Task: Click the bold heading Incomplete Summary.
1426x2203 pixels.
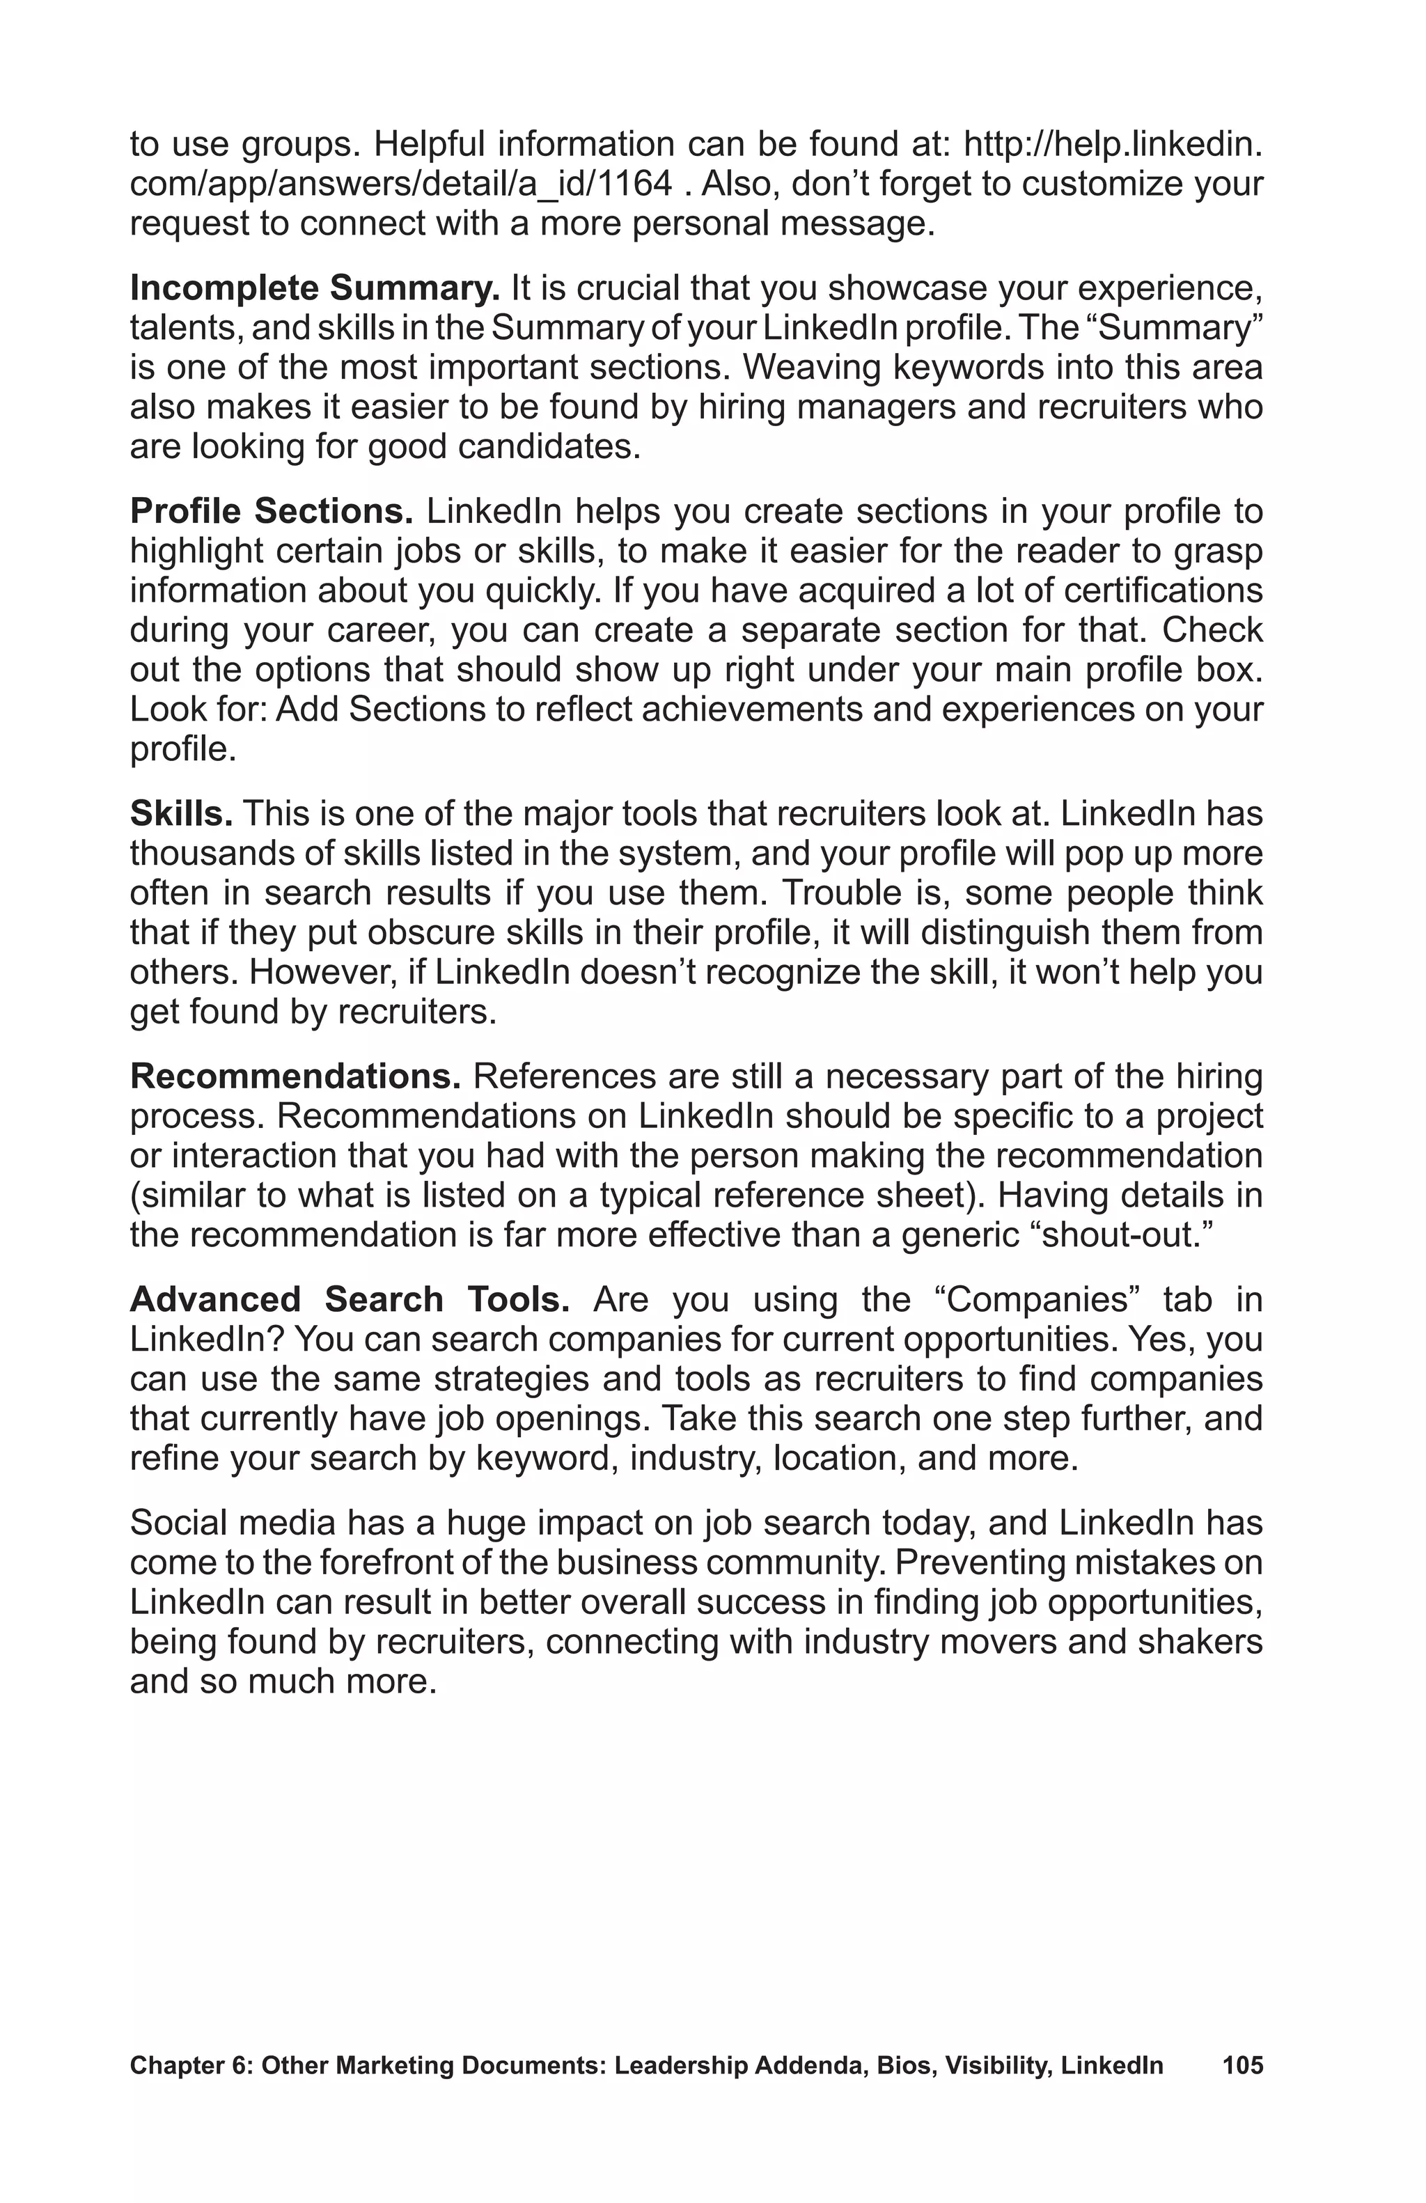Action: click(x=315, y=289)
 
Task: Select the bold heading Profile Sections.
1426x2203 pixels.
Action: click(x=271, y=511)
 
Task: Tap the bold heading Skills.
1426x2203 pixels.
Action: click(x=180, y=814)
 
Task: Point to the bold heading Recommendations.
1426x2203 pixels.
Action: click(x=295, y=1076)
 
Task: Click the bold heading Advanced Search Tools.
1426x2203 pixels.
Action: click(x=349, y=1299)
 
